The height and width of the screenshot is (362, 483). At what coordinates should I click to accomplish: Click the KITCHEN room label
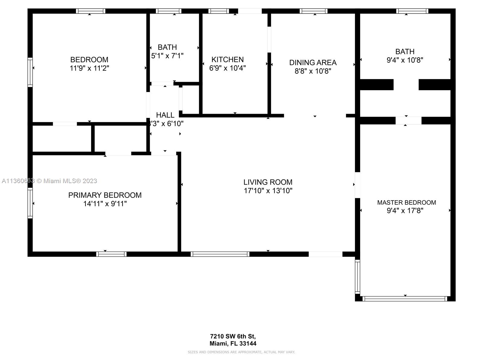(227, 59)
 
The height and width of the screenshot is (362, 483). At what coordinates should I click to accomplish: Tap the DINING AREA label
(313, 62)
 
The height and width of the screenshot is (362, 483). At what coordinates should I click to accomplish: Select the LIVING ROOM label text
(268, 182)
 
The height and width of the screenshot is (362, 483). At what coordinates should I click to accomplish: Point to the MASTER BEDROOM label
(406, 202)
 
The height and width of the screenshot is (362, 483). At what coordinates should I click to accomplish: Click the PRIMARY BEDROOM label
(105, 195)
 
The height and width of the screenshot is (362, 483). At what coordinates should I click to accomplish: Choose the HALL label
(165, 115)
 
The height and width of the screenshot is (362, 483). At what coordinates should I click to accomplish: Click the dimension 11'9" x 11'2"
(89, 68)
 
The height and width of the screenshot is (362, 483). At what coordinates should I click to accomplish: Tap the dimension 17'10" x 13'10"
(268, 191)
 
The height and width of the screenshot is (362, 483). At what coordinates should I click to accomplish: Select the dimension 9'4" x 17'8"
(405, 211)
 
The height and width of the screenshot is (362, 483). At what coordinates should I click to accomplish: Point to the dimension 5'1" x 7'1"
(167, 56)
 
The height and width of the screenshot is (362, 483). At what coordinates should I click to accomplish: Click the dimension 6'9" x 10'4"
(227, 68)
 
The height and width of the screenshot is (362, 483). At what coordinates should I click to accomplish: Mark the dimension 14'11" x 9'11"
(105, 204)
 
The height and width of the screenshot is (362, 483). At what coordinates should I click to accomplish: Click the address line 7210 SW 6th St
(233, 336)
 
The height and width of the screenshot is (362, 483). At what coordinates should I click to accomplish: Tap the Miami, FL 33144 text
(233, 343)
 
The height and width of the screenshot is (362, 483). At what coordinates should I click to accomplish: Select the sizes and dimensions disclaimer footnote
(241, 352)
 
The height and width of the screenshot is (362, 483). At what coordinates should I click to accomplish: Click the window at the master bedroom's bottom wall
(405, 299)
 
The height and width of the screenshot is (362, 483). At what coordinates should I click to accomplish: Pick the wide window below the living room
(220, 254)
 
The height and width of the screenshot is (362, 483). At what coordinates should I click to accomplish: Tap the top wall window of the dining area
(313, 11)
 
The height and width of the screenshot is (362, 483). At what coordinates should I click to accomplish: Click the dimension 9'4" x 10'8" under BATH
(405, 60)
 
